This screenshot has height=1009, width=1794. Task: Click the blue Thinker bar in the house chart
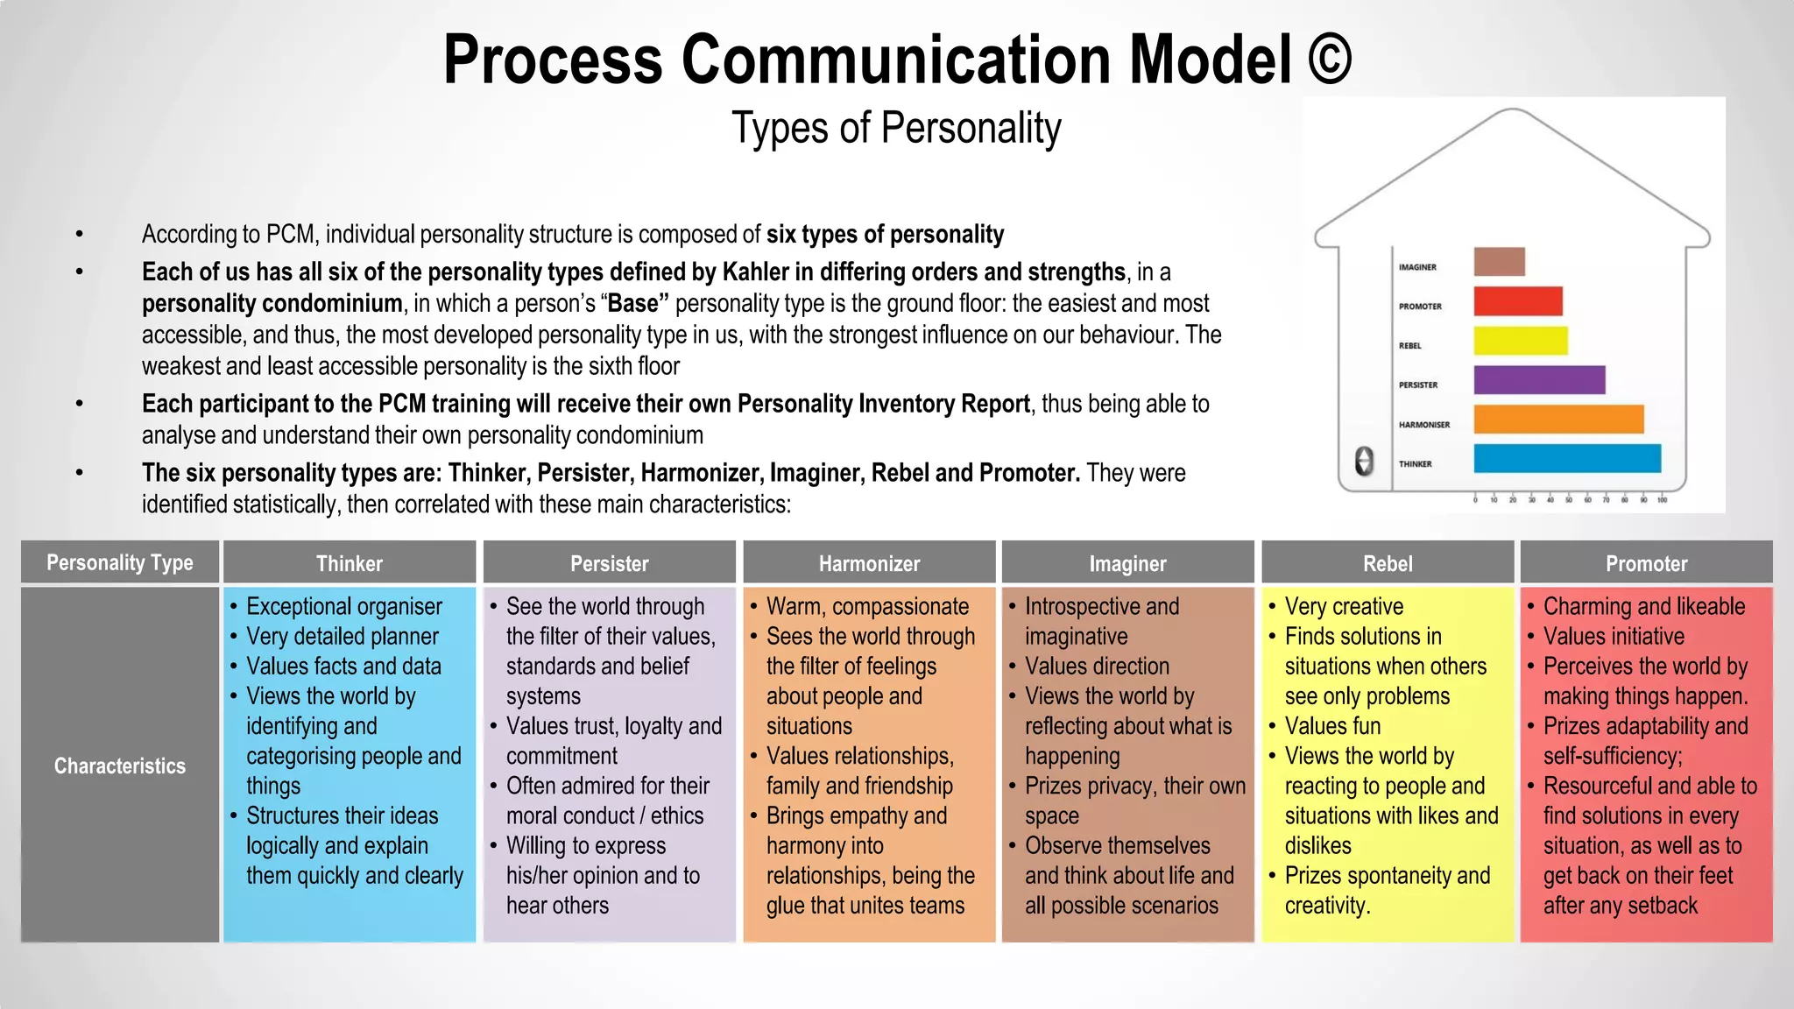tap(1567, 458)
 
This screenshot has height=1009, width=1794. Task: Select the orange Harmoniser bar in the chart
tap(1558, 420)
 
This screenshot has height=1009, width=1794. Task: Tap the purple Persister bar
tap(1539, 380)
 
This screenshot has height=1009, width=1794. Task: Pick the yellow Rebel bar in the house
tap(1521, 341)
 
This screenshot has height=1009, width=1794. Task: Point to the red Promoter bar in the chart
tap(1518, 301)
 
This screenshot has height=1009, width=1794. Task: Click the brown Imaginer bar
tap(1500, 262)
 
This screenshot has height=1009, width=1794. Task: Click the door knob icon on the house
tap(1364, 461)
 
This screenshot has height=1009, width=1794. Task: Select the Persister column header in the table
tap(610, 563)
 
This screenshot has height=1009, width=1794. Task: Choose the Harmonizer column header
tap(869, 563)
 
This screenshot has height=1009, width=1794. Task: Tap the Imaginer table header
tap(1127, 563)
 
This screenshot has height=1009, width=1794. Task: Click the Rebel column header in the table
tap(1388, 563)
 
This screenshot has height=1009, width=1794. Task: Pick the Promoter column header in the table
tap(1646, 563)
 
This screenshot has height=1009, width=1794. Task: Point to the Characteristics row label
tap(120, 766)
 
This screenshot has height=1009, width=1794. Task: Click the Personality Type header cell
tap(120, 562)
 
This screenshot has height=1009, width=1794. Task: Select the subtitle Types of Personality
tap(896, 128)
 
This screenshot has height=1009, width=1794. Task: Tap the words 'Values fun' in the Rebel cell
tap(1332, 726)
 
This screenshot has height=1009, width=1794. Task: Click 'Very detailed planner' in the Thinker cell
tap(343, 636)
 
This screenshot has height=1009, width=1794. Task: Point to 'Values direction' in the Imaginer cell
tap(1097, 666)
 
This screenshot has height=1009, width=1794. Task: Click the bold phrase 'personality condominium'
tap(272, 304)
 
